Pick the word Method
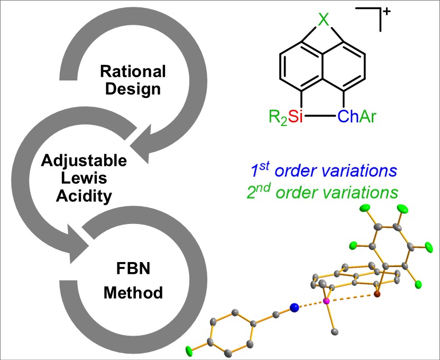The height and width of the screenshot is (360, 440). pyautogui.click(x=133, y=292)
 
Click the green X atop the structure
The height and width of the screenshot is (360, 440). pyautogui.click(x=323, y=20)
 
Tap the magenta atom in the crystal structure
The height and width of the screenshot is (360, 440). pyautogui.click(x=326, y=301)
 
